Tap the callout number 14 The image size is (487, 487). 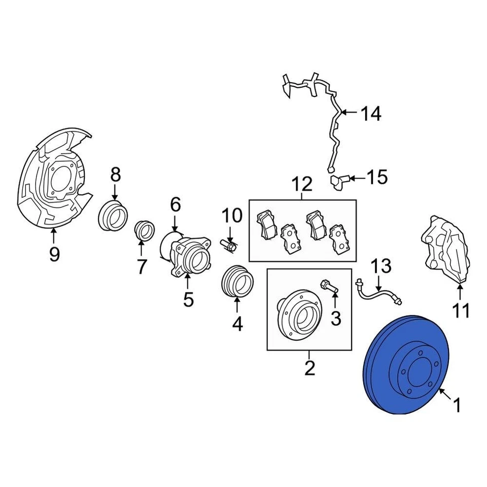click(x=370, y=114)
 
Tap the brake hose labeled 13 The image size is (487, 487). click(x=378, y=292)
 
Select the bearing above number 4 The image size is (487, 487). click(x=236, y=281)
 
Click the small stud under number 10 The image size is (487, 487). click(x=229, y=246)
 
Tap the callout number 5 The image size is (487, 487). click(x=188, y=300)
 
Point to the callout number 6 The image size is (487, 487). click(x=175, y=204)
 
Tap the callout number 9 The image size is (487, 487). click(x=54, y=253)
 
